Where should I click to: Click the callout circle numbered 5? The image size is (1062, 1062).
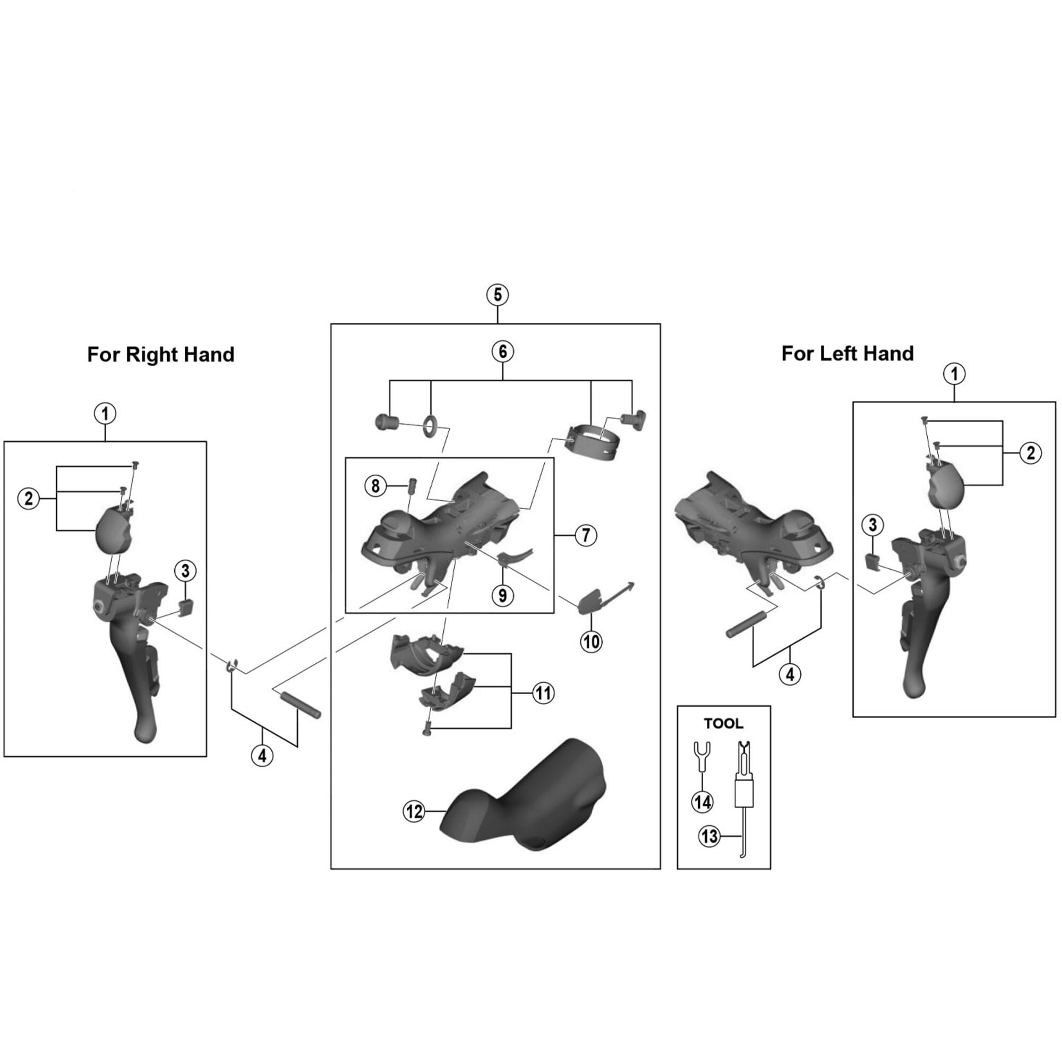click(x=497, y=295)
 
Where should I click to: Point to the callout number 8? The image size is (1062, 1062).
click(x=375, y=485)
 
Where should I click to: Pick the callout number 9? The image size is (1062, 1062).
click(x=502, y=595)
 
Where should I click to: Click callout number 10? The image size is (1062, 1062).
click(x=592, y=641)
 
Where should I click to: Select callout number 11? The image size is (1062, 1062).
click(x=543, y=693)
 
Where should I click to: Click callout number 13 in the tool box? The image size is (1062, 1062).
click(x=709, y=836)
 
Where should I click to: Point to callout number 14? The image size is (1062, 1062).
click(x=702, y=802)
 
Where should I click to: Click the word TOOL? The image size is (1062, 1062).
click(x=723, y=724)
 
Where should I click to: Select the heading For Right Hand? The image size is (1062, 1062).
click(x=160, y=355)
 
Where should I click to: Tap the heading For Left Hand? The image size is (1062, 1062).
click(x=847, y=354)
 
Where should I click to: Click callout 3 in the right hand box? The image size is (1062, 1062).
click(x=185, y=571)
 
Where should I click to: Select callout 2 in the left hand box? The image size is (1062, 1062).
click(x=1030, y=453)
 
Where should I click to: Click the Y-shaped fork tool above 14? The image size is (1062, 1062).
click(x=702, y=751)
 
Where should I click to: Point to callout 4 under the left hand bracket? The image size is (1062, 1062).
click(x=790, y=674)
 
